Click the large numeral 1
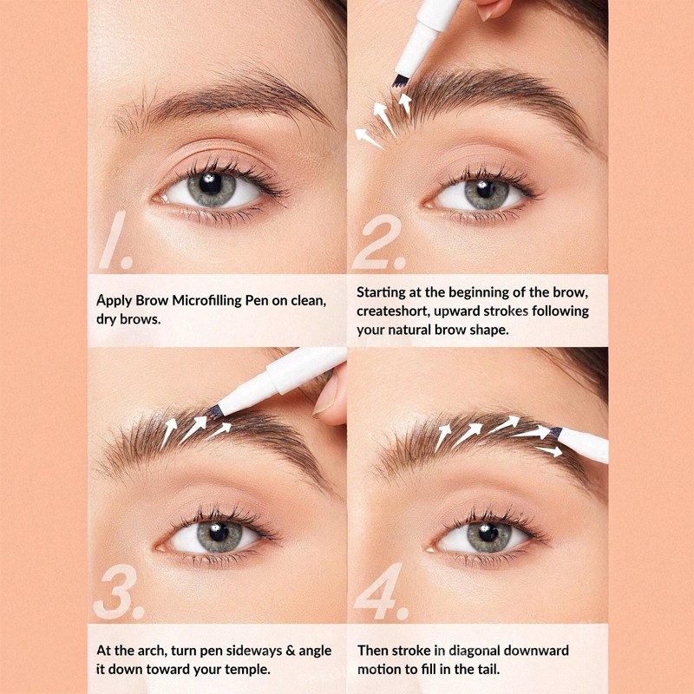pos(116,240)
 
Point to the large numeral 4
pos(381,592)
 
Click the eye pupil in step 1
pos(210,184)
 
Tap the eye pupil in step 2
pos(486,189)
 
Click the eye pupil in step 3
pos(219,532)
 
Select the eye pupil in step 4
pos(488,533)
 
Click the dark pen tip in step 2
pos(401,81)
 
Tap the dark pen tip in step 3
pos(214,411)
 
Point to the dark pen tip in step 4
pos(555,432)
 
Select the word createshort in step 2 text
pos(393,311)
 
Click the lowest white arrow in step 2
pos(369,138)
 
